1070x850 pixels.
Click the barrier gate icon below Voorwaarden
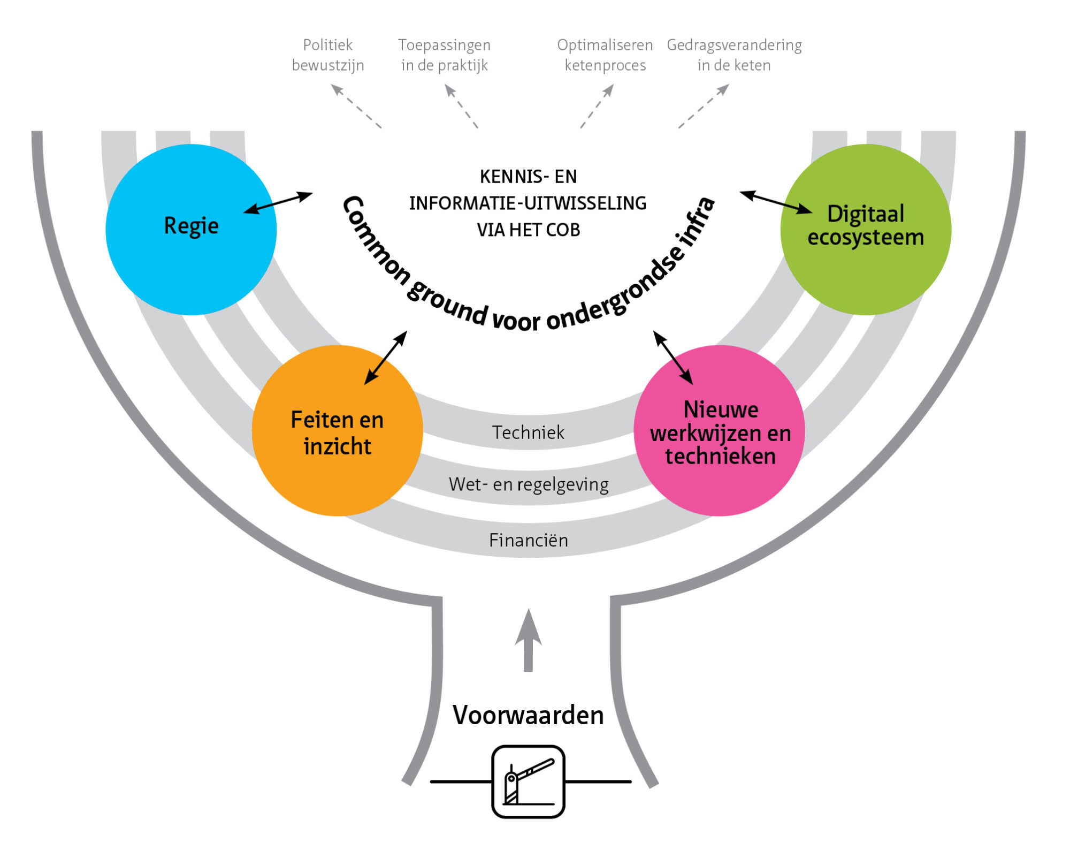pyautogui.click(x=528, y=781)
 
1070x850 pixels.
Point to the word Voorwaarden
pyautogui.click(x=528, y=715)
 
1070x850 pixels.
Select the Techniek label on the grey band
pyautogui.click(x=528, y=432)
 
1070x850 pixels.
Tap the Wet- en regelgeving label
pyautogui.click(x=528, y=484)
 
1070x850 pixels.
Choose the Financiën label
pyautogui.click(x=528, y=540)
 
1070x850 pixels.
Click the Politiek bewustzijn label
pyautogui.click(x=328, y=55)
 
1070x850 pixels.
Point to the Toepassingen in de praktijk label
pyautogui.click(x=444, y=55)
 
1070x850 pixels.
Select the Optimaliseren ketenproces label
pyautogui.click(x=605, y=55)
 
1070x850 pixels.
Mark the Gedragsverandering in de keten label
pyautogui.click(x=734, y=55)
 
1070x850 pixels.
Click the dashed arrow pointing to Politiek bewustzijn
pyautogui.click(x=356, y=106)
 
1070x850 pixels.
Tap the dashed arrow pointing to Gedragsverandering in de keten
pyautogui.click(x=704, y=106)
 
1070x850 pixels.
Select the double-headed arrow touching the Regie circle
pyautogui.click(x=278, y=203)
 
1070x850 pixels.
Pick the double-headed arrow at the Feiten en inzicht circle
pyautogui.click(x=386, y=358)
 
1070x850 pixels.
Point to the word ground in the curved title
pyautogui.click(x=447, y=303)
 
